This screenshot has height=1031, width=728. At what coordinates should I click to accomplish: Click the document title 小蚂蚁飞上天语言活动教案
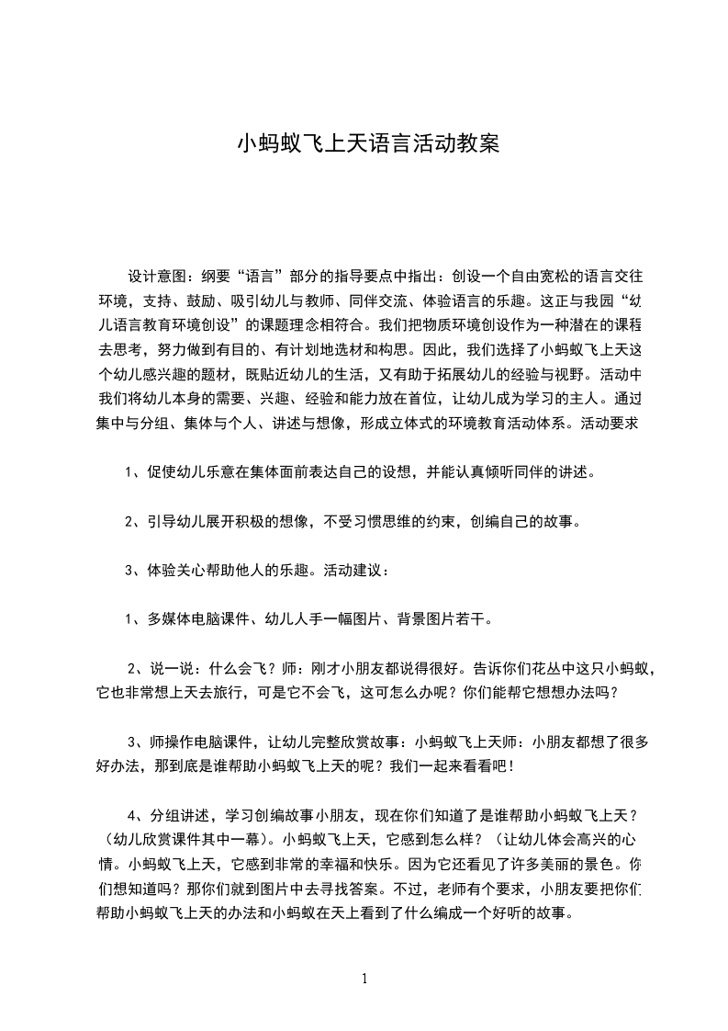[x=368, y=144]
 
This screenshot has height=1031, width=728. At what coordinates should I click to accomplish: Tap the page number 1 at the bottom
[x=364, y=979]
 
